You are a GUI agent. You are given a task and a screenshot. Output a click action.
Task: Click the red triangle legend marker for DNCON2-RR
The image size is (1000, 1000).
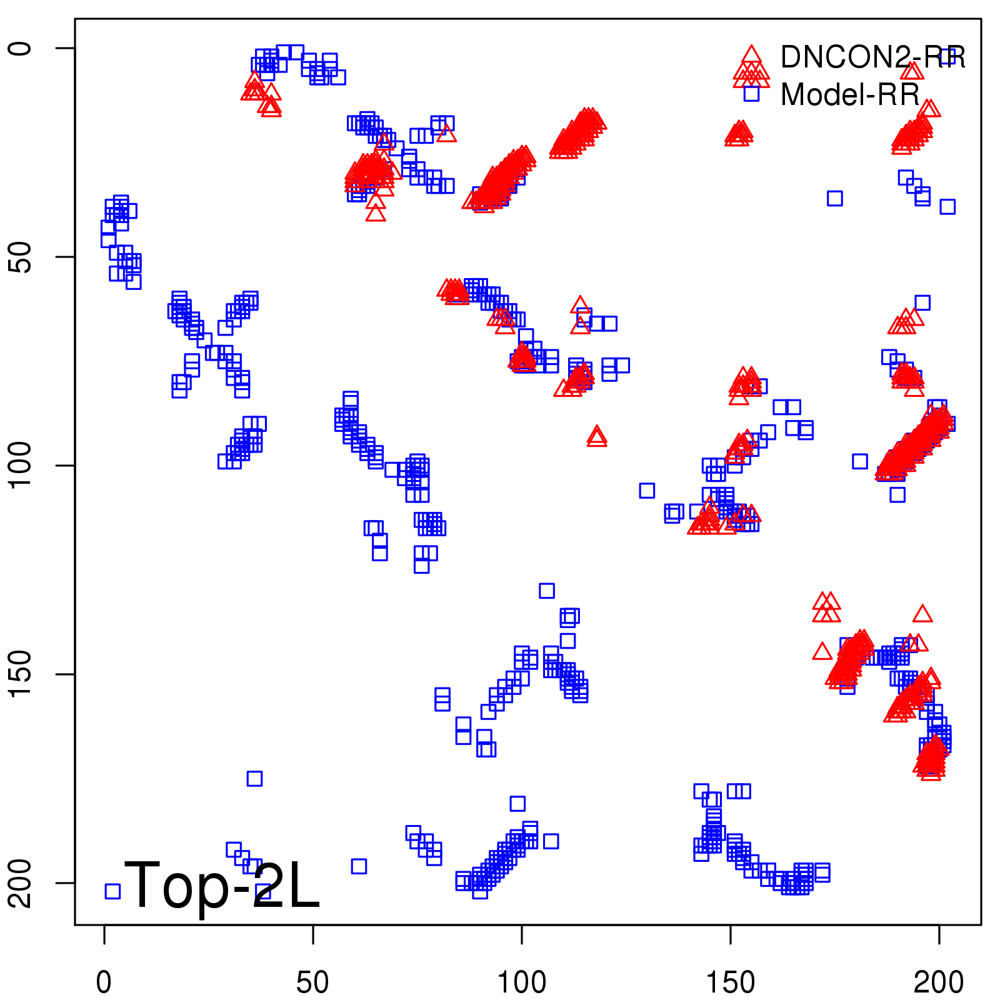(x=751, y=57)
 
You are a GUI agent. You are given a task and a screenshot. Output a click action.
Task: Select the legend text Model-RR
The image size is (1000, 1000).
(x=850, y=95)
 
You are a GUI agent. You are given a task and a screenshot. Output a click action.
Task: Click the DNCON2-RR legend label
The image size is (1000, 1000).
(x=872, y=57)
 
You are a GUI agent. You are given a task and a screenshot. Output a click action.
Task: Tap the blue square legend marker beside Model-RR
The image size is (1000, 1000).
(x=751, y=94)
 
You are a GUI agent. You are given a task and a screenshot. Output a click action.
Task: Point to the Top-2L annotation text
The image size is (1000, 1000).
(x=222, y=885)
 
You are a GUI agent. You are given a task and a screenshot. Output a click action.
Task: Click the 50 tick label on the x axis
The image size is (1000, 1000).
(x=312, y=983)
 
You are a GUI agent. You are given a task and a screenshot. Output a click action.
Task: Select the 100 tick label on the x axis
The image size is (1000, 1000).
(x=521, y=983)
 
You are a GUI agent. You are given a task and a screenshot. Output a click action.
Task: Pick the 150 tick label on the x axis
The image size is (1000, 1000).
(x=730, y=983)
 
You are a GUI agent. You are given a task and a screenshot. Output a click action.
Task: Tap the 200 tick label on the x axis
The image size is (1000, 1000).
(x=938, y=983)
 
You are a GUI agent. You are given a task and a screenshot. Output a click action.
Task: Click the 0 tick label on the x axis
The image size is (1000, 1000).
(x=104, y=983)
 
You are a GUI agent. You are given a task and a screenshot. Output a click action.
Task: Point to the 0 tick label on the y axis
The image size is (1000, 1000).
(x=20, y=49)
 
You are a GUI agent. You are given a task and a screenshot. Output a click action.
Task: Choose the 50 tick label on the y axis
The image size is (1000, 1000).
(x=20, y=257)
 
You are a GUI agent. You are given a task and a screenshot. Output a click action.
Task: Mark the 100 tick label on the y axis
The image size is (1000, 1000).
(x=20, y=466)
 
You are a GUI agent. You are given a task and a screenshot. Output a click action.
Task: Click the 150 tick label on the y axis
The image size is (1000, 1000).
(x=20, y=674)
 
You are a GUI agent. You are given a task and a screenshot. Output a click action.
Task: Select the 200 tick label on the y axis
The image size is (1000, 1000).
(x=20, y=882)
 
